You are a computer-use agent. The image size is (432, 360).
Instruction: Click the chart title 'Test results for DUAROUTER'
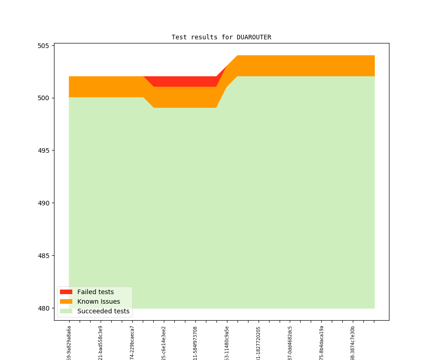tap(221, 37)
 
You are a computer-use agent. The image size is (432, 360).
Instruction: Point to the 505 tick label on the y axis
tap(43, 46)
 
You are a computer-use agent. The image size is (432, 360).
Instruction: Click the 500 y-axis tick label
tap(43, 98)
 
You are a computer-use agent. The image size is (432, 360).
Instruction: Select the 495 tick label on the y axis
tap(43, 150)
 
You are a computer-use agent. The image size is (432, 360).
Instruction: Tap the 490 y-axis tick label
tap(43, 203)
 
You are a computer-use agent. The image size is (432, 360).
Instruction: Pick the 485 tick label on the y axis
tap(43, 256)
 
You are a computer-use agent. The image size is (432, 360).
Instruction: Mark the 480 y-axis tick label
tap(43, 308)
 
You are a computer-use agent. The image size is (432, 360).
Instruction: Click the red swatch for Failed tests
tap(66, 292)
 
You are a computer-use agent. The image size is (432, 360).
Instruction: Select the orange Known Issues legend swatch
tap(66, 301)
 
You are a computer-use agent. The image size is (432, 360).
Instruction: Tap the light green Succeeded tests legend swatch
tap(66, 311)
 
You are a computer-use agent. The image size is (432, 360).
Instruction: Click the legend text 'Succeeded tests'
tap(103, 311)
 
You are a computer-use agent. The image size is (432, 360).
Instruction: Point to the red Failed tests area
tap(183, 81)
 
